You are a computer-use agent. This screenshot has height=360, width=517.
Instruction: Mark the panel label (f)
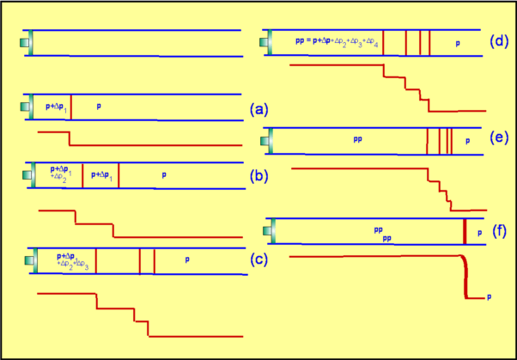coord(499,230)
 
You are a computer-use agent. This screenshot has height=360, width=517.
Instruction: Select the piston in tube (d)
coord(269,41)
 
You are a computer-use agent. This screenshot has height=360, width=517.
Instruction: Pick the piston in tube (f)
coord(275,231)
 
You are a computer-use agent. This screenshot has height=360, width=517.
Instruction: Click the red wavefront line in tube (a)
coord(70,107)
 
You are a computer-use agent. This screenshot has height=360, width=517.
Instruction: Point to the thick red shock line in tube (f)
coord(465,231)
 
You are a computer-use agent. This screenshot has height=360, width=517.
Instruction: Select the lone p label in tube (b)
coord(163,174)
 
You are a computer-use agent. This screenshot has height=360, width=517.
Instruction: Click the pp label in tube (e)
coord(357,137)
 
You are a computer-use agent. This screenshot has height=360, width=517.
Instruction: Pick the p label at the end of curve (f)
coord(489,297)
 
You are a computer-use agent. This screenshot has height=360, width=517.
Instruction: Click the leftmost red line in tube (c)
coord(95,261)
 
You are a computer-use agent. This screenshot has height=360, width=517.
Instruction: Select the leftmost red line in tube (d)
coord(383,41)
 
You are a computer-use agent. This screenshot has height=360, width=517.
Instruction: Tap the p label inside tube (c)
coord(186,259)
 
